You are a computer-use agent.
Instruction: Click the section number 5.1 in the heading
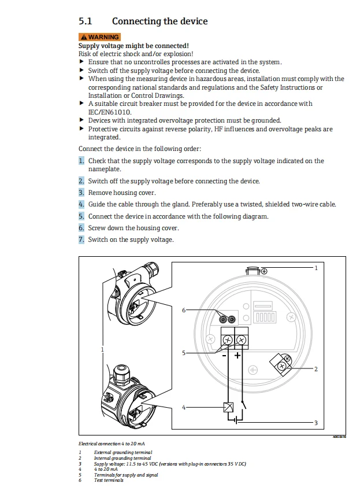(85, 21)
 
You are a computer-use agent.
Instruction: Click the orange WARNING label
(99, 37)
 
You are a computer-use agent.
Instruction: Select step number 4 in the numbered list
(81, 204)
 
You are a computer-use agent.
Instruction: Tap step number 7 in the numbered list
(81, 239)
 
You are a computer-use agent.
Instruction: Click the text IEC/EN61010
(109, 112)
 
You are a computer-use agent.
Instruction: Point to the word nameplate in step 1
(105, 169)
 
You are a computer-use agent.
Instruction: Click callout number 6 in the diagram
(184, 311)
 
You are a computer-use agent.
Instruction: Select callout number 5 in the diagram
(184, 353)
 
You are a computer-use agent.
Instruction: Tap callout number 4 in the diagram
(184, 407)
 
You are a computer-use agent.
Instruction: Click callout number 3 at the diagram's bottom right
(316, 423)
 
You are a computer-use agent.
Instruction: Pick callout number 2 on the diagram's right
(316, 368)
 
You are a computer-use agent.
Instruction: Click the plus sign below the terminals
(237, 355)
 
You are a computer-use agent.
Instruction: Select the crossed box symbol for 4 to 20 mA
(229, 407)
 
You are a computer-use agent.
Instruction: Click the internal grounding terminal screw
(281, 366)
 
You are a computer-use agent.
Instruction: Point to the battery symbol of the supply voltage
(236, 422)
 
